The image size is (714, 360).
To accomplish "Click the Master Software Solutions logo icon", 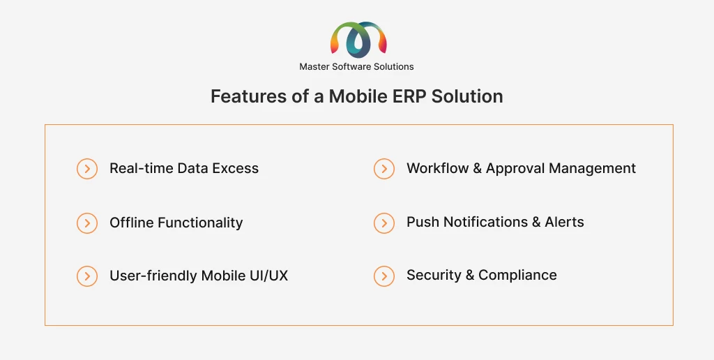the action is point(358,40).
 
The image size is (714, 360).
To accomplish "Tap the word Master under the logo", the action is point(314,66).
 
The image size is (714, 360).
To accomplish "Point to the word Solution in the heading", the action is point(467,96).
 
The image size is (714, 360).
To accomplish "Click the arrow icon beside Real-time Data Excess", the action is point(87,169).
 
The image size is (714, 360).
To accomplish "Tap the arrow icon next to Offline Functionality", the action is point(87,223).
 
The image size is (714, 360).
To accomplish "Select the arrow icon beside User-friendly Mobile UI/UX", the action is point(87,276).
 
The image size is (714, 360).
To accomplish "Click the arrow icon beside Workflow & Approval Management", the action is point(384,169).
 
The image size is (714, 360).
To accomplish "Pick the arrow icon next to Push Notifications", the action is point(384,223).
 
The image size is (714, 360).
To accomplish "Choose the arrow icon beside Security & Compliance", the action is point(384,276).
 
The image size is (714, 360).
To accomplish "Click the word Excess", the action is point(236,168).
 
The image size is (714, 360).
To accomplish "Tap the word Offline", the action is point(132,223).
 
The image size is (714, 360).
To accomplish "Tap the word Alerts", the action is point(564,222).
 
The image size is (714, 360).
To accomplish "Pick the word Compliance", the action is point(517,276).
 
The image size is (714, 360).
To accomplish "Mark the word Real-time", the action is point(141,168).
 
